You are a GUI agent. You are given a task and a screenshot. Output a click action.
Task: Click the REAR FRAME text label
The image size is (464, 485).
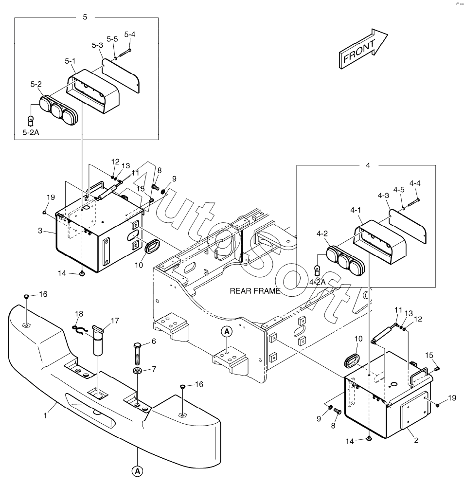pyautogui.click(x=255, y=291)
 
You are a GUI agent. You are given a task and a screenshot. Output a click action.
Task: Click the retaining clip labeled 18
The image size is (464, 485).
pyautogui.click(x=81, y=329)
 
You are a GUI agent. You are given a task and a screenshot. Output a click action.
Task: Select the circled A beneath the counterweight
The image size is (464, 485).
pyautogui.click(x=138, y=470)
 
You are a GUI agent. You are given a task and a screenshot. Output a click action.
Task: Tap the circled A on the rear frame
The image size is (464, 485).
pyautogui.click(x=227, y=332)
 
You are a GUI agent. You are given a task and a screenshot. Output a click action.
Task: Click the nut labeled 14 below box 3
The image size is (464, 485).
pyautogui.click(x=82, y=273)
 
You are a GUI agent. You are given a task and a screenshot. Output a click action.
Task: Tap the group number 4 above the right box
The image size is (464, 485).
pyautogui.click(x=368, y=165)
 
